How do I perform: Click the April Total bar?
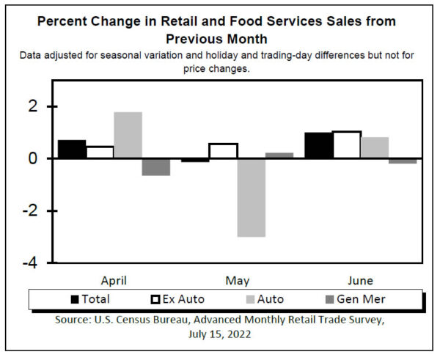tap(72, 149)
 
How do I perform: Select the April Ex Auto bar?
tap(100, 152)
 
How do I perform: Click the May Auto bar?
tap(251, 197)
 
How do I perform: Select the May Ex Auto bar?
tap(223, 150)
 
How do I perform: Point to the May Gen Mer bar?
tap(279, 155)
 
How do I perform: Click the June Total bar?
tap(319, 145)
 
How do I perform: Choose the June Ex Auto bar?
tap(347, 144)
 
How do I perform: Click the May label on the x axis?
tap(238, 280)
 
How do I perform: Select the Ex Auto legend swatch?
tap(155, 299)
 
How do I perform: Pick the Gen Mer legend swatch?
tap(329, 299)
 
